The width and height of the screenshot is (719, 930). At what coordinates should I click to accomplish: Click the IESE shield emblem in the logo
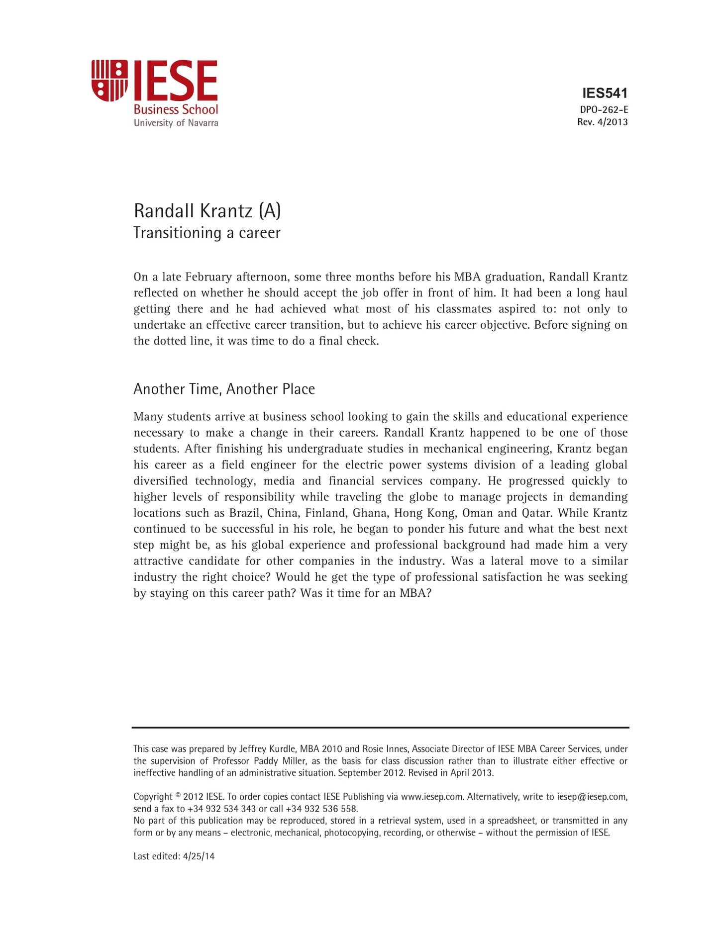click(x=109, y=81)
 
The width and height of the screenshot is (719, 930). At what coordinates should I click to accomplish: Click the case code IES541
click(x=605, y=93)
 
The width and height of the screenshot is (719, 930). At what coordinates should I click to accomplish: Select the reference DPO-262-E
click(x=604, y=110)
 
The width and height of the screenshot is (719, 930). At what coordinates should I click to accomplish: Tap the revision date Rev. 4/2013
click(x=602, y=122)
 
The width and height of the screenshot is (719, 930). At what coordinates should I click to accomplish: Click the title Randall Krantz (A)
click(x=207, y=211)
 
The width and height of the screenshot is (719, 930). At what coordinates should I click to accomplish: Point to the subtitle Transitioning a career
click(x=207, y=233)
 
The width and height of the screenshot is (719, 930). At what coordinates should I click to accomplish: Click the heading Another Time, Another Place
click(x=224, y=389)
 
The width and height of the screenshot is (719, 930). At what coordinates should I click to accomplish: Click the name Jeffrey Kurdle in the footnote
click(x=268, y=749)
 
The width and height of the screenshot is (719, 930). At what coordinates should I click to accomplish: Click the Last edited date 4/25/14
click(x=199, y=856)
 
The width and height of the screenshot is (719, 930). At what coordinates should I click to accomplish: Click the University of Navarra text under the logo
click(x=176, y=123)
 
